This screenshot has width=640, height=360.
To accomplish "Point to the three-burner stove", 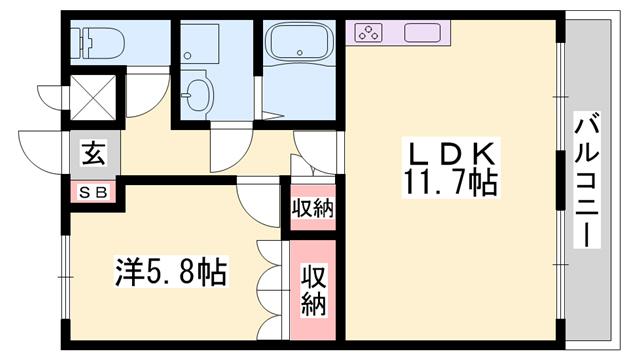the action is coord(367,32).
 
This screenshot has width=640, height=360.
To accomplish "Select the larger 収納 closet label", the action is coord(313,290).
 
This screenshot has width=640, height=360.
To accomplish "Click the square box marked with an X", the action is coord(93,98).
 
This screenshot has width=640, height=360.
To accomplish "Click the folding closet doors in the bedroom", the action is coord(268,291).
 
